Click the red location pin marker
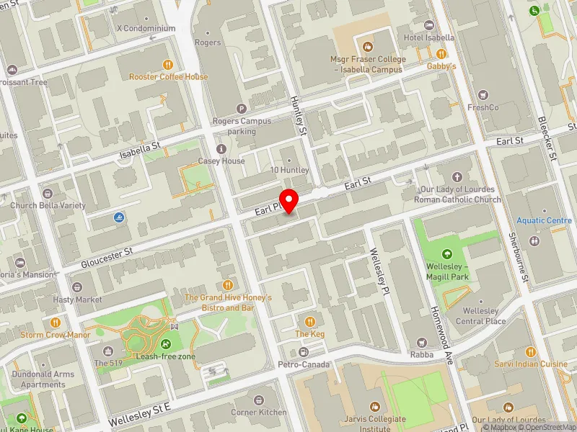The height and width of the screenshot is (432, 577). point(289,200)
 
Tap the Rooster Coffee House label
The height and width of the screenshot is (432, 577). point(168,77)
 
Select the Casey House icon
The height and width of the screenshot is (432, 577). point(221,148)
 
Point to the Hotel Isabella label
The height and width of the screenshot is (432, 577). point(429,37)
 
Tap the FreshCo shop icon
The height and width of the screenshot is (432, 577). point(483,94)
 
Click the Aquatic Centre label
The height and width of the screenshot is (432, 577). point(544,220)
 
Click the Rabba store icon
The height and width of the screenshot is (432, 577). point(422,342)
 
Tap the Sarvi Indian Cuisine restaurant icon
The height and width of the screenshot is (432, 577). point(531,351)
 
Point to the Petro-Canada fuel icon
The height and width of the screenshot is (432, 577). point(303,351)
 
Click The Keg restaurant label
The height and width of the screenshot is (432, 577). point(310,334)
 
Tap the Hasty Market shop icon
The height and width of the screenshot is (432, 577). point(77,286)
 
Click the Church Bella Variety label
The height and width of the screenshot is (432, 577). point(48,205)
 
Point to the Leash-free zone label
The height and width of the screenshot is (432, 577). point(166,356)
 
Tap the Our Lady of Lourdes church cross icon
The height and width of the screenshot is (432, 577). point(457,176)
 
